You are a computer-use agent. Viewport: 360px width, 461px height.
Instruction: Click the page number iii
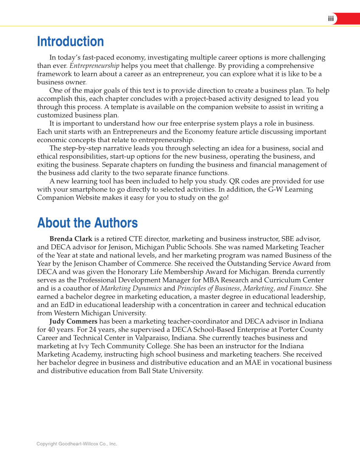tap(331, 19)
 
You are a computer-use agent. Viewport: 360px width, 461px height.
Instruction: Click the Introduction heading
tap(70, 42)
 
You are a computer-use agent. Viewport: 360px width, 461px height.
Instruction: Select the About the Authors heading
tap(87, 223)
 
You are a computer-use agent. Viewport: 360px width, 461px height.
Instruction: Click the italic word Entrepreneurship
tap(94, 66)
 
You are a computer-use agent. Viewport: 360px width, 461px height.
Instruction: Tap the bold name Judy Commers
tap(73, 321)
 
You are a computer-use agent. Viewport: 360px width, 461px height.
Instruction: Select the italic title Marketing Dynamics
tap(131, 288)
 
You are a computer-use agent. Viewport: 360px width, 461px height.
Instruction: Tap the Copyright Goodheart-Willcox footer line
tap(77, 444)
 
